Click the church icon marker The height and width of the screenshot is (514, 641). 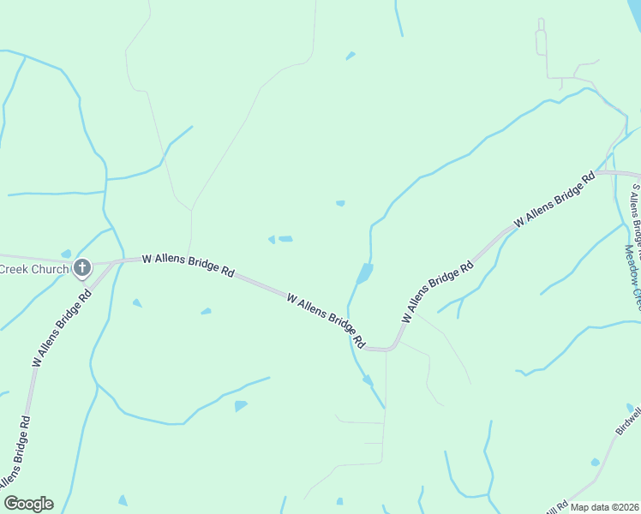(82, 269)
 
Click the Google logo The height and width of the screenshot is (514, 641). (28, 504)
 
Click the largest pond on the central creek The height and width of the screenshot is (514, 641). (364, 274)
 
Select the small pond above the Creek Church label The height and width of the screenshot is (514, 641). (66, 254)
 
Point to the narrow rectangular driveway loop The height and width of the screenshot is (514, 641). (541, 41)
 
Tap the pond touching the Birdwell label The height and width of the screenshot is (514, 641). (630, 408)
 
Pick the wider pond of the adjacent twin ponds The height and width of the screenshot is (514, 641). (285, 239)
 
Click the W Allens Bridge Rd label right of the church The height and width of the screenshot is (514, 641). (188, 264)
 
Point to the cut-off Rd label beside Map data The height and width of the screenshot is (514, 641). (558, 507)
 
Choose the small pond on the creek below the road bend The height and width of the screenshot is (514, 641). (367, 380)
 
